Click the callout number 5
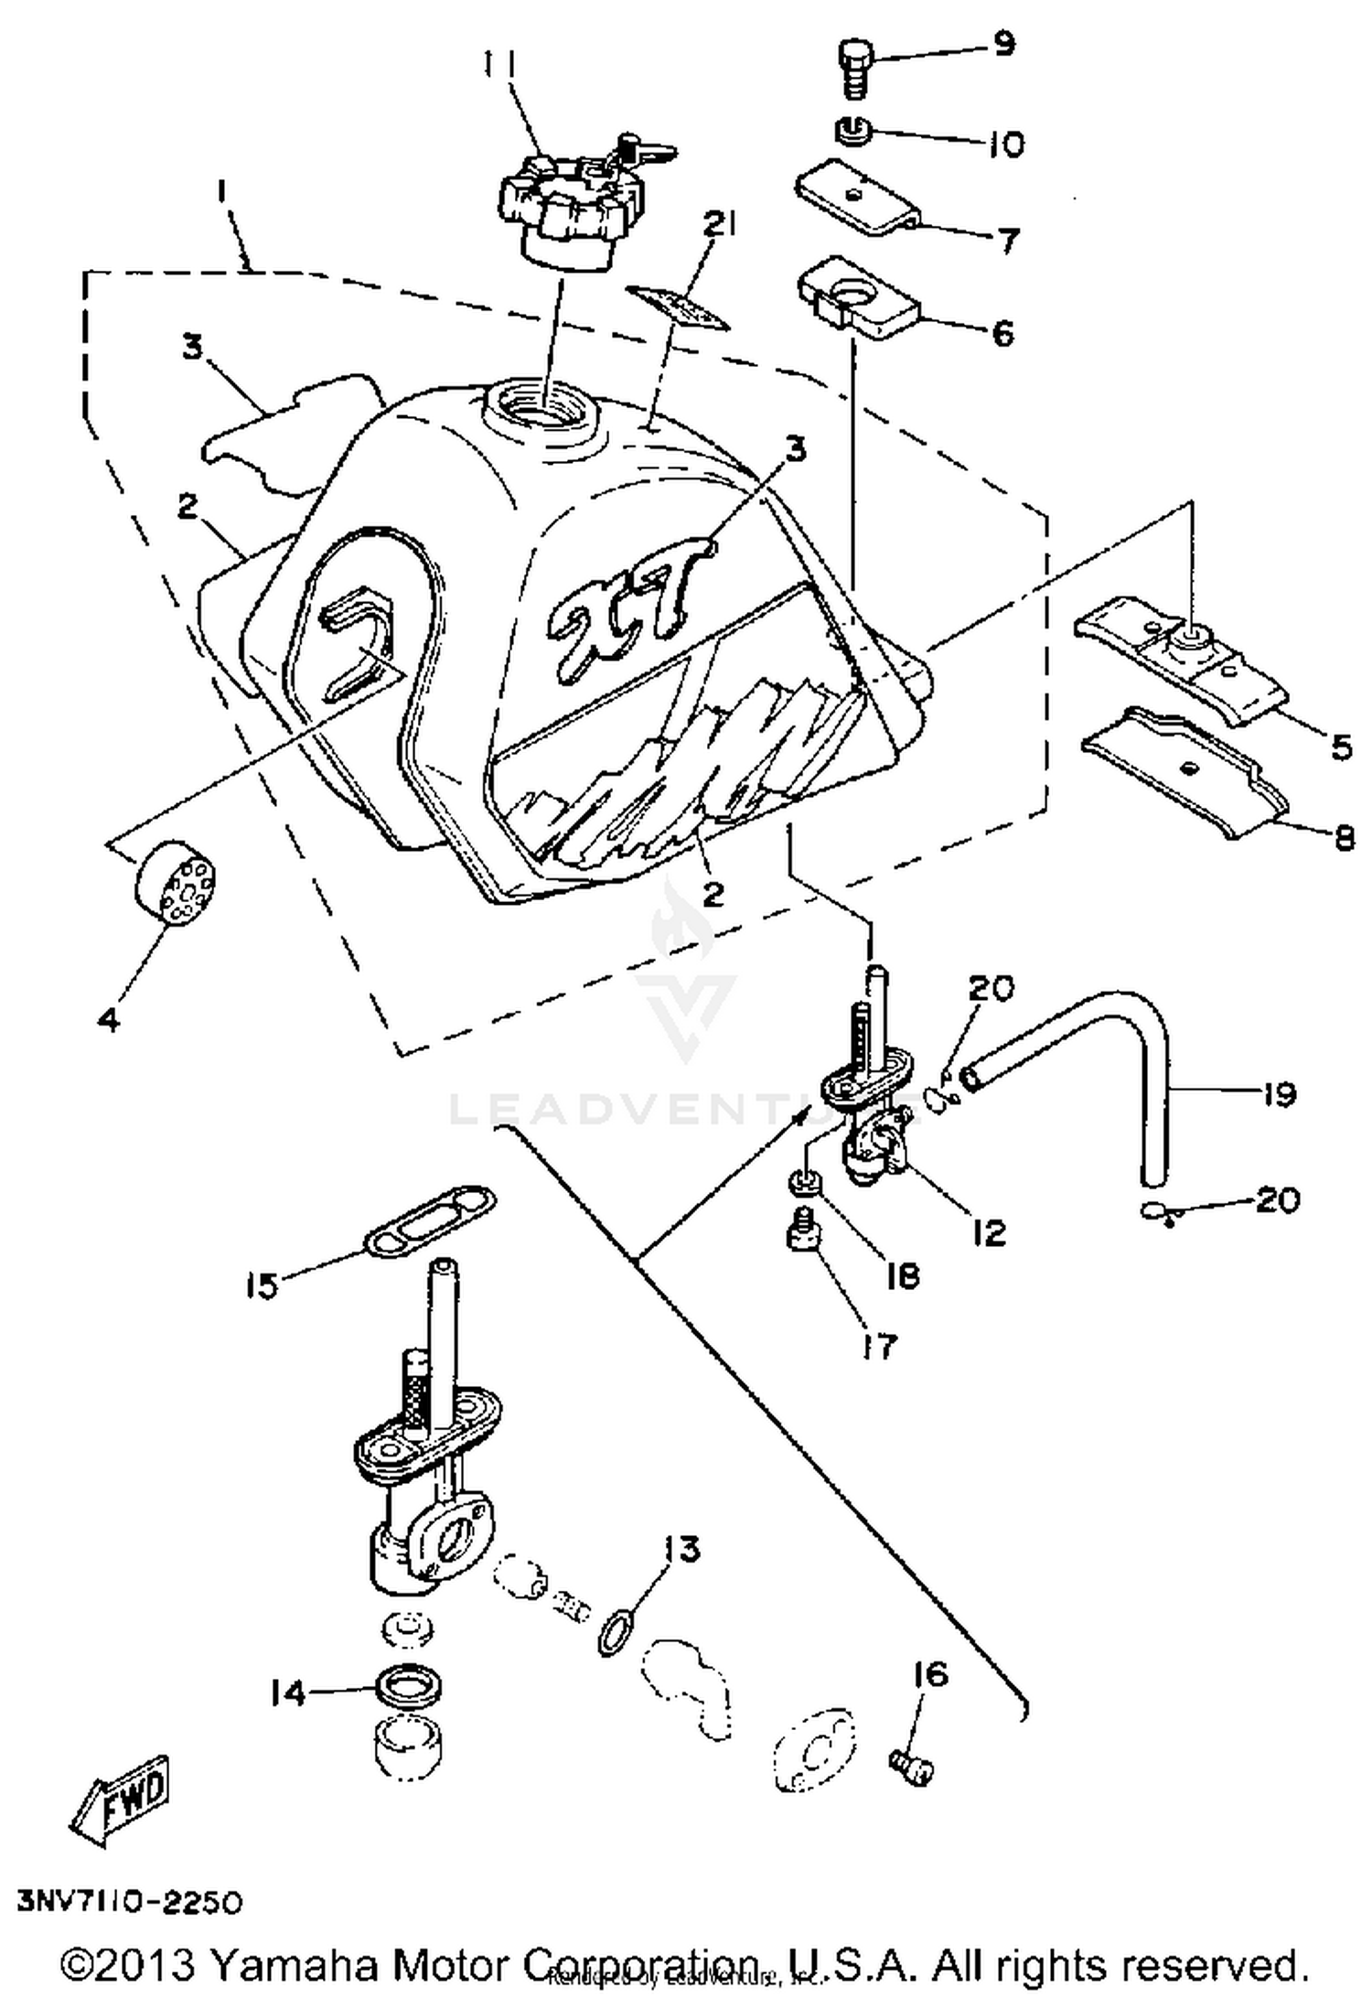[1340, 747]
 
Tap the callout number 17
[879, 1345]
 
